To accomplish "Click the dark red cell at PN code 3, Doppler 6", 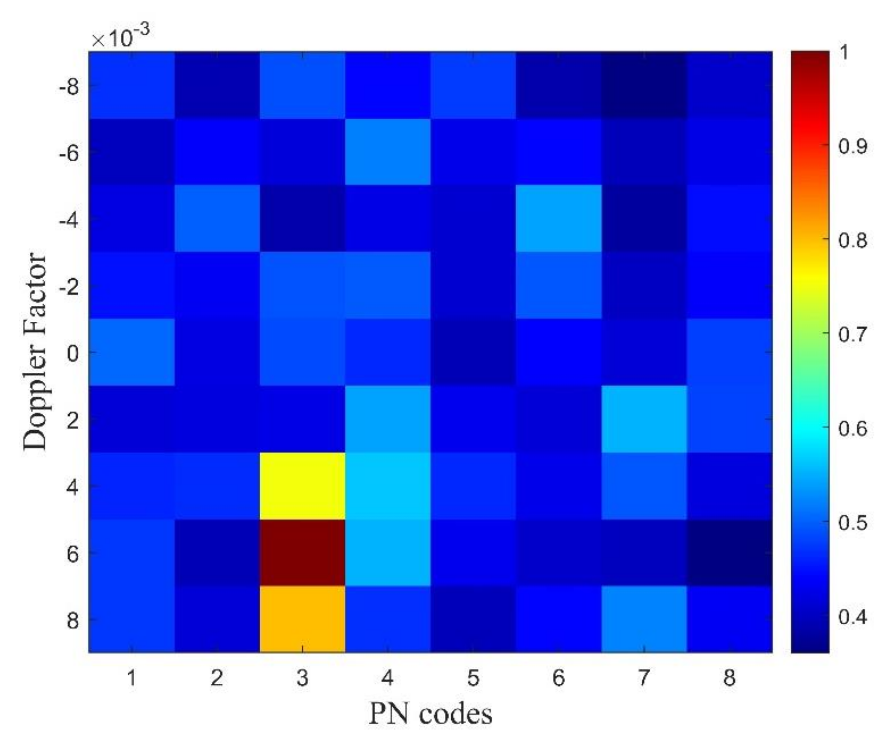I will click(302, 552).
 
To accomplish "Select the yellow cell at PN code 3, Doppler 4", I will click(302, 486).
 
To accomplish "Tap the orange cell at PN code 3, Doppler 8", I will click(302, 619).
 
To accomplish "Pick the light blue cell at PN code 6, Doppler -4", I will click(558, 218).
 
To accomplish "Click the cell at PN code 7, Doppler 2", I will click(644, 419).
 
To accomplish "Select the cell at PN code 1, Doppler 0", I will click(131, 352).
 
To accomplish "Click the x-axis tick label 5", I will click(473, 678).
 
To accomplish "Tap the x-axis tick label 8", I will click(729, 678).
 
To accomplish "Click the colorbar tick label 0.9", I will click(852, 146).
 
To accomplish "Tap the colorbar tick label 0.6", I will click(852, 429).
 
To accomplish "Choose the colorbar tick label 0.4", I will click(852, 617).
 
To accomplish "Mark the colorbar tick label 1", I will click(844, 53).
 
